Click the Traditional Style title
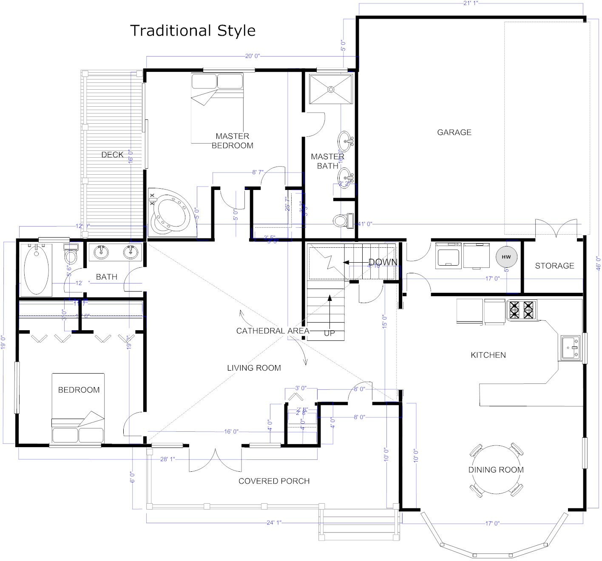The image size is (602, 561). coord(193,31)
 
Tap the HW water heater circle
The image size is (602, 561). coord(506,257)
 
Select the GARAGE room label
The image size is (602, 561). coord(454,132)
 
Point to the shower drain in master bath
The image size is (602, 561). coord(330,89)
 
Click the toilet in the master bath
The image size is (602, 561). coord(342,220)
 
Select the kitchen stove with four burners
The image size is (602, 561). coord(521,310)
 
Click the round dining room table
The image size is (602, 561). coord(496,470)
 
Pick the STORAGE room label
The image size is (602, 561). coord(554,266)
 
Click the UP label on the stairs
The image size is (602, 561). coord(329,333)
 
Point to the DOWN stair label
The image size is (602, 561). coord(383,262)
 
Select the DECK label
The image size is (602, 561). coord(112,155)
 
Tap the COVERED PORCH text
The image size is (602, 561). coord(274,481)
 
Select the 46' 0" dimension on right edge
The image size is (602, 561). coord(598,261)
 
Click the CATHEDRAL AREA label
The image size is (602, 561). coord(273,331)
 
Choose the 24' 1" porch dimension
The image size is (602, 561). coord(274,522)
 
